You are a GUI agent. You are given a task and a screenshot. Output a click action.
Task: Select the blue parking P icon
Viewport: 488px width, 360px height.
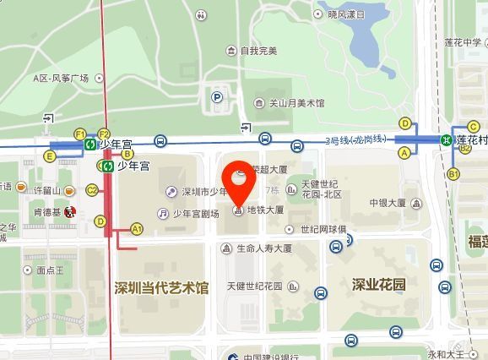tap(217, 98)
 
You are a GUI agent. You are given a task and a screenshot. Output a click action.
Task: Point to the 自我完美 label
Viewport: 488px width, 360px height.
tap(258, 51)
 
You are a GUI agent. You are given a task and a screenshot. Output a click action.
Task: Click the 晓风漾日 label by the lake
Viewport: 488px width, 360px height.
tap(346, 14)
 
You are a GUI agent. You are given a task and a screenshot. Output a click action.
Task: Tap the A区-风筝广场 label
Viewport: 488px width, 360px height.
tap(61, 78)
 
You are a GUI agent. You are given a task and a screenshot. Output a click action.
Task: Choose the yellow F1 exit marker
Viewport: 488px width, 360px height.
tap(81, 134)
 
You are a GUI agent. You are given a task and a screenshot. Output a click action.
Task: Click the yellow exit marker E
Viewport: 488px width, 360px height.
tap(51, 156)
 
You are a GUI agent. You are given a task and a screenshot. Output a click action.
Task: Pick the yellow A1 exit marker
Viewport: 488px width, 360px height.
tap(137, 229)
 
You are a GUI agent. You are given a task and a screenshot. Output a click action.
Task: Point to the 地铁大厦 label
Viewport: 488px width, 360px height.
tap(264, 210)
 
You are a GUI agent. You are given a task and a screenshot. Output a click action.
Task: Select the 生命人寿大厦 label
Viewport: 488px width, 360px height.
tap(263, 248)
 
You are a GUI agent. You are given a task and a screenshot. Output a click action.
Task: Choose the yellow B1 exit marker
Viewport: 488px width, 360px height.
tap(453, 173)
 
